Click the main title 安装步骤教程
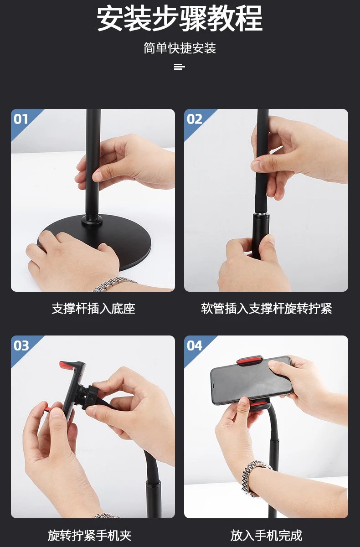pyautogui.click(x=180, y=19)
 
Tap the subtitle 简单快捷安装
pyautogui.click(x=180, y=48)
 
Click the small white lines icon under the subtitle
pyautogui.click(x=180, y=67)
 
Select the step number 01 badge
pyautogui.click(x=21, y=119)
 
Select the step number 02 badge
pyautogui.click(x=195, y=119)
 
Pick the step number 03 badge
pyautogui.click(x=21, y=346)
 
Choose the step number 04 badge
pyautogui.click(x=195, y=346)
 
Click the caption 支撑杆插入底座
pyautogui.click(x=93, y=309)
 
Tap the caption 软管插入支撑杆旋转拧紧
pyautogui.click(x=266, y=309)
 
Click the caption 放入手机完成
pyautogui.click(x=266, y=535)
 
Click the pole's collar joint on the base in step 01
pyautogui.click(x=93, y=221)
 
